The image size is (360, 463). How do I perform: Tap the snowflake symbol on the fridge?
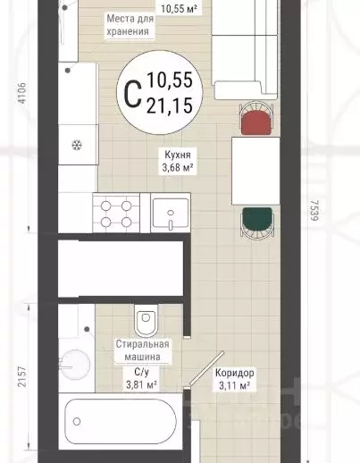(77, 146)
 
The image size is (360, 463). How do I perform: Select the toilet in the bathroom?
(146, 320)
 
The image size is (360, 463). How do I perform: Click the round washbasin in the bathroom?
(75, 365)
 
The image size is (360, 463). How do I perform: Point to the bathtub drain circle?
(77, 421)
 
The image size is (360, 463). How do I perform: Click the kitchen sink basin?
(171, 213)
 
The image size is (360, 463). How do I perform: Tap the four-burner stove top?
(116, 213)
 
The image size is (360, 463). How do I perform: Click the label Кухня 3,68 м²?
(178, 161)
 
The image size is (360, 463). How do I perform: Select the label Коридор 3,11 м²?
(235, 379)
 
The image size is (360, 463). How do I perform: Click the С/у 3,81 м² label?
(142, 378)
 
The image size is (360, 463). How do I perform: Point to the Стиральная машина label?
(142, 350)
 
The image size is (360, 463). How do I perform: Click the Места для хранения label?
(130, 25)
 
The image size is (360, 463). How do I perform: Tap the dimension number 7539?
(314, 210)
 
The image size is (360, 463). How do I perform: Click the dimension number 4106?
(22, 93)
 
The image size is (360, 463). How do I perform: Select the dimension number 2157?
(22, 376)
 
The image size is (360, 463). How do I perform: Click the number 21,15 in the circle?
(170, 105)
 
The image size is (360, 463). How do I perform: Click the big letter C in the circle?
(132, 95)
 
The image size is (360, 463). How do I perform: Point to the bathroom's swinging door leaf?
(206, 368)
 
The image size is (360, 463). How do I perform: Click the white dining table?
(255, 171)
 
